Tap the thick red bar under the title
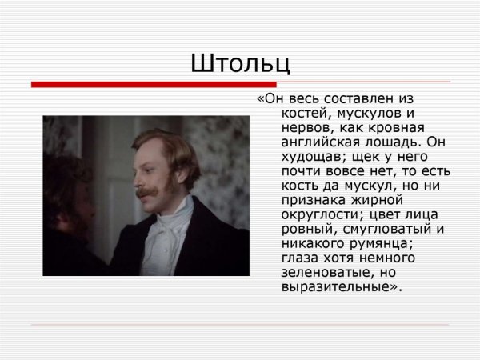pos(152,84)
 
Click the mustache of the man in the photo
pos(149,193)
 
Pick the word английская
pos(324,142)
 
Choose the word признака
pos(314,201)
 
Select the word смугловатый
pos(380,230)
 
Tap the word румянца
pos(391,244)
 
